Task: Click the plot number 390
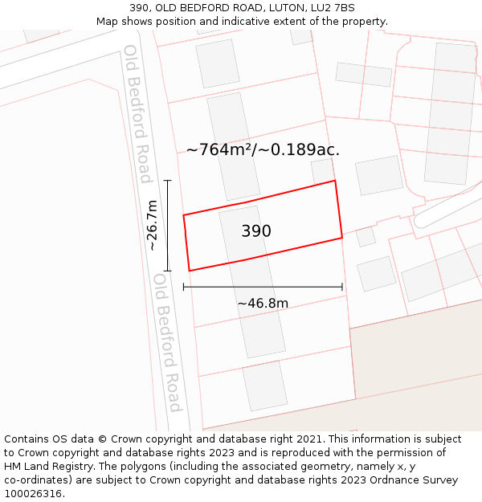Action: pos(256,231)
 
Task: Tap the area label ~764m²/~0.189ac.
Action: pos(263,149)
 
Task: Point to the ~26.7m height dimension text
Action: pos(152,226)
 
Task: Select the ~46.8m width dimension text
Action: pos(263,304)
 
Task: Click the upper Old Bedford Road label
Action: pos(137,113)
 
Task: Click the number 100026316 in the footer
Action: pos(34,494)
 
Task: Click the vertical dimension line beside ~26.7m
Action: pos(168,226)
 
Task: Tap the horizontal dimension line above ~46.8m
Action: pos(263,287)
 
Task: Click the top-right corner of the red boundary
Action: pos(335,181)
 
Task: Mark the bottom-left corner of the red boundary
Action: pos(189,271)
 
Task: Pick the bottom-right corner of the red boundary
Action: pos(342,238)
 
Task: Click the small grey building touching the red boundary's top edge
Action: pos(323,170)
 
